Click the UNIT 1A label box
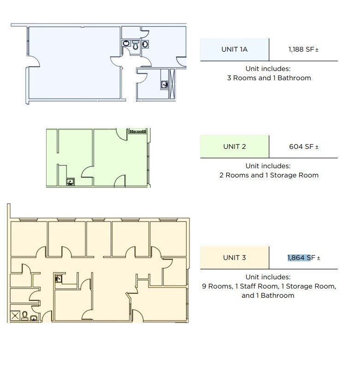click(234, 49)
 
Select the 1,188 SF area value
click(302, 49)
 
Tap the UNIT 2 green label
click(234, 147)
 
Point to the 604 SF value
click(302, 147)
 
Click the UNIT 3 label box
click(234, 258)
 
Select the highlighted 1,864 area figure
click(296, 258)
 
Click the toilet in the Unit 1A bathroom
click(136, 45)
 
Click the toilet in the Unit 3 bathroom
click(25, 316)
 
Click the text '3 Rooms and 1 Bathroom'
click(269, 78)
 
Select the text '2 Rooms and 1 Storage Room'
click(269, 175)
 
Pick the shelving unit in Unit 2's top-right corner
click(138, 131)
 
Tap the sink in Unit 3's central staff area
click(59, 278)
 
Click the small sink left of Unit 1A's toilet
click(126, 44)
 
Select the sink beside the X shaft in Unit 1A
click(165, 84)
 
